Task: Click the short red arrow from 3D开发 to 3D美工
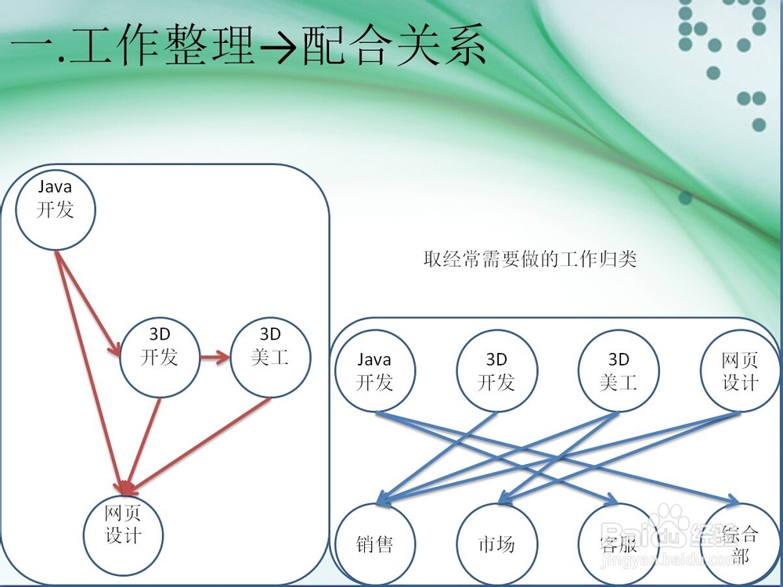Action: pos(215,357)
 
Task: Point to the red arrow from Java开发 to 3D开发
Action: pos(88,304)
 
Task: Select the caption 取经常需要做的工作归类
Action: pos(530,259)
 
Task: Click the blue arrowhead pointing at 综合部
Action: pos(733,499)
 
